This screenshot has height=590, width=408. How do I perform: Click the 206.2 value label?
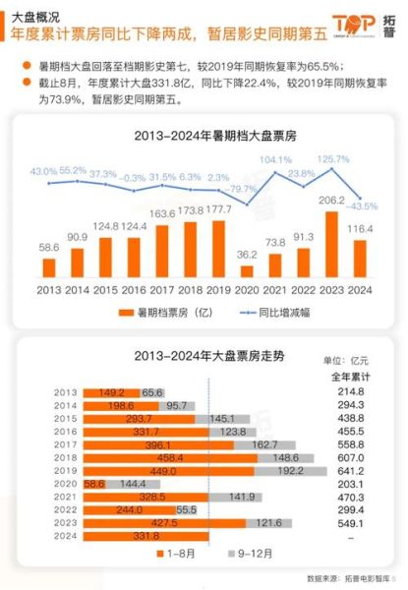click(334, 199)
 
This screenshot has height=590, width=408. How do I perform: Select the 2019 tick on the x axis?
click(221, 290)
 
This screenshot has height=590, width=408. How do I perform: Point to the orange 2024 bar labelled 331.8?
click(146, 536)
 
